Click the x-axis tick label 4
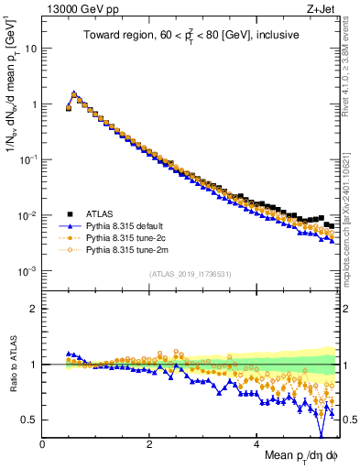tap(256, 445)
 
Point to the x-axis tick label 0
tap(42, 445)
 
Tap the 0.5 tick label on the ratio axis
tap(30, 420)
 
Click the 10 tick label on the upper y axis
tap(29, 49)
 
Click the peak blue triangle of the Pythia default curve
tap(74, 93)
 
